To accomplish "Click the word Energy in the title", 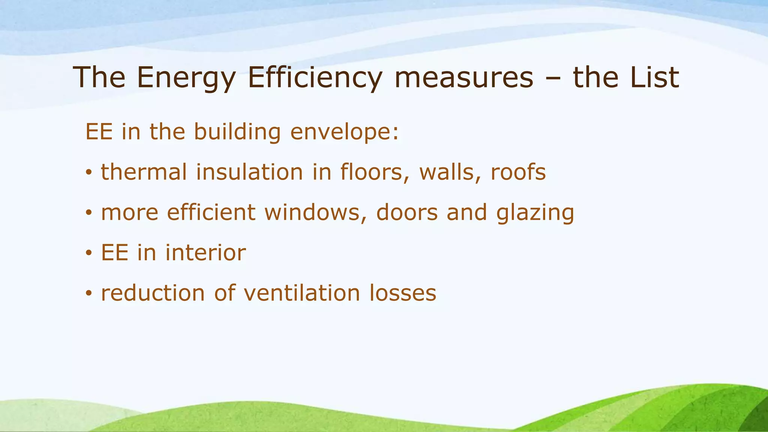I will (186, 78).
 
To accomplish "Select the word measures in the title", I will (464, 78).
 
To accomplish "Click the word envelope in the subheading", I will (345, 132).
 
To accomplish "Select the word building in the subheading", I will (237, 132).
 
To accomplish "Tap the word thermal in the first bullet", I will (144, 172).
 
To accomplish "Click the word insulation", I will (249, 172).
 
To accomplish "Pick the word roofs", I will (518, 172).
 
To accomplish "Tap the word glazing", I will (535, 213).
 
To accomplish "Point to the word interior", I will (205, 252).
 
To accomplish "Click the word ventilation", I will (302, 293).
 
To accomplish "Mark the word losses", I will (403, 293).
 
